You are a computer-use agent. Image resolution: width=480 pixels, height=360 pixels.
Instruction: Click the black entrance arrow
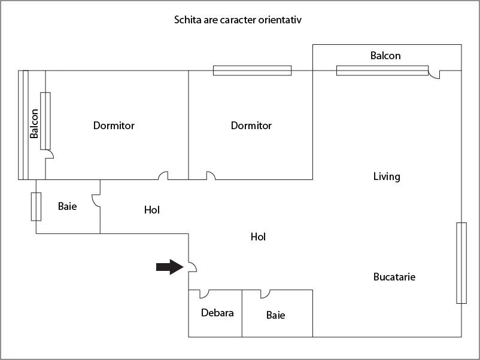(x=169, y=267)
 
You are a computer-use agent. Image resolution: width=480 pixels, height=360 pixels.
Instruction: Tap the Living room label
(x=387, y=176)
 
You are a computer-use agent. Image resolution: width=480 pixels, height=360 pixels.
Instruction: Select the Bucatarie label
(x=394, y=277)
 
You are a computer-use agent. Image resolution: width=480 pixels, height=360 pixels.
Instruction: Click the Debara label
(x=217, y=313)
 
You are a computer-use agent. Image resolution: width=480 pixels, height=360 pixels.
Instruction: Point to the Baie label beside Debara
(x=275, y=315)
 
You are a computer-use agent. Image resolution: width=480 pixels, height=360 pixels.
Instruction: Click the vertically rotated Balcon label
(x=34, y=123)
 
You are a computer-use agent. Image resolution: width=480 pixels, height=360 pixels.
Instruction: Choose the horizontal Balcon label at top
(x=385, y=56)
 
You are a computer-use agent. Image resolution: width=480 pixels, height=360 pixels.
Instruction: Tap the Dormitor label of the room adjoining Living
(x=251, y=126)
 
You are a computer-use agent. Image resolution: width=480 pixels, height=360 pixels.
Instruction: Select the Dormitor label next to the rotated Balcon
(x=114, y=126)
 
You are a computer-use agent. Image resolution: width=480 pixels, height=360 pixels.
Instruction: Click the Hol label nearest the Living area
(x=258, y=237)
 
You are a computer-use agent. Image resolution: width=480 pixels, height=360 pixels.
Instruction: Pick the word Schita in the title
(x=187, y=20)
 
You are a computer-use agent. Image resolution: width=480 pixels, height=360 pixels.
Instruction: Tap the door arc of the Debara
(x=204, y=294)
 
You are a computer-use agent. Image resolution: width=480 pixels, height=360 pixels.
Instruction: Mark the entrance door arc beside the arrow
(x=193, y=267)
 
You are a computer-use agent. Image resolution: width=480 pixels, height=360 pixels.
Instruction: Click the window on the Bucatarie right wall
(x=461, y=263)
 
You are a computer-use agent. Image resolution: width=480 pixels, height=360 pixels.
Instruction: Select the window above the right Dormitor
(x=252, y=71)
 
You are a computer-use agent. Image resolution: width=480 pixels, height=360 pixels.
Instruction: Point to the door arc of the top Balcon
(x=434, y=74)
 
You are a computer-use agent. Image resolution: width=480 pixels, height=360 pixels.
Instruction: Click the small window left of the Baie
(x=36, y=206)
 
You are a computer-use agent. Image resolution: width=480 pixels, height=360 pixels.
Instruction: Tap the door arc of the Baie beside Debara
(x=265, y=294)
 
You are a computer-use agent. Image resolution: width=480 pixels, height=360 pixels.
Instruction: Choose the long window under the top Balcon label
(x=382, y=71)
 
